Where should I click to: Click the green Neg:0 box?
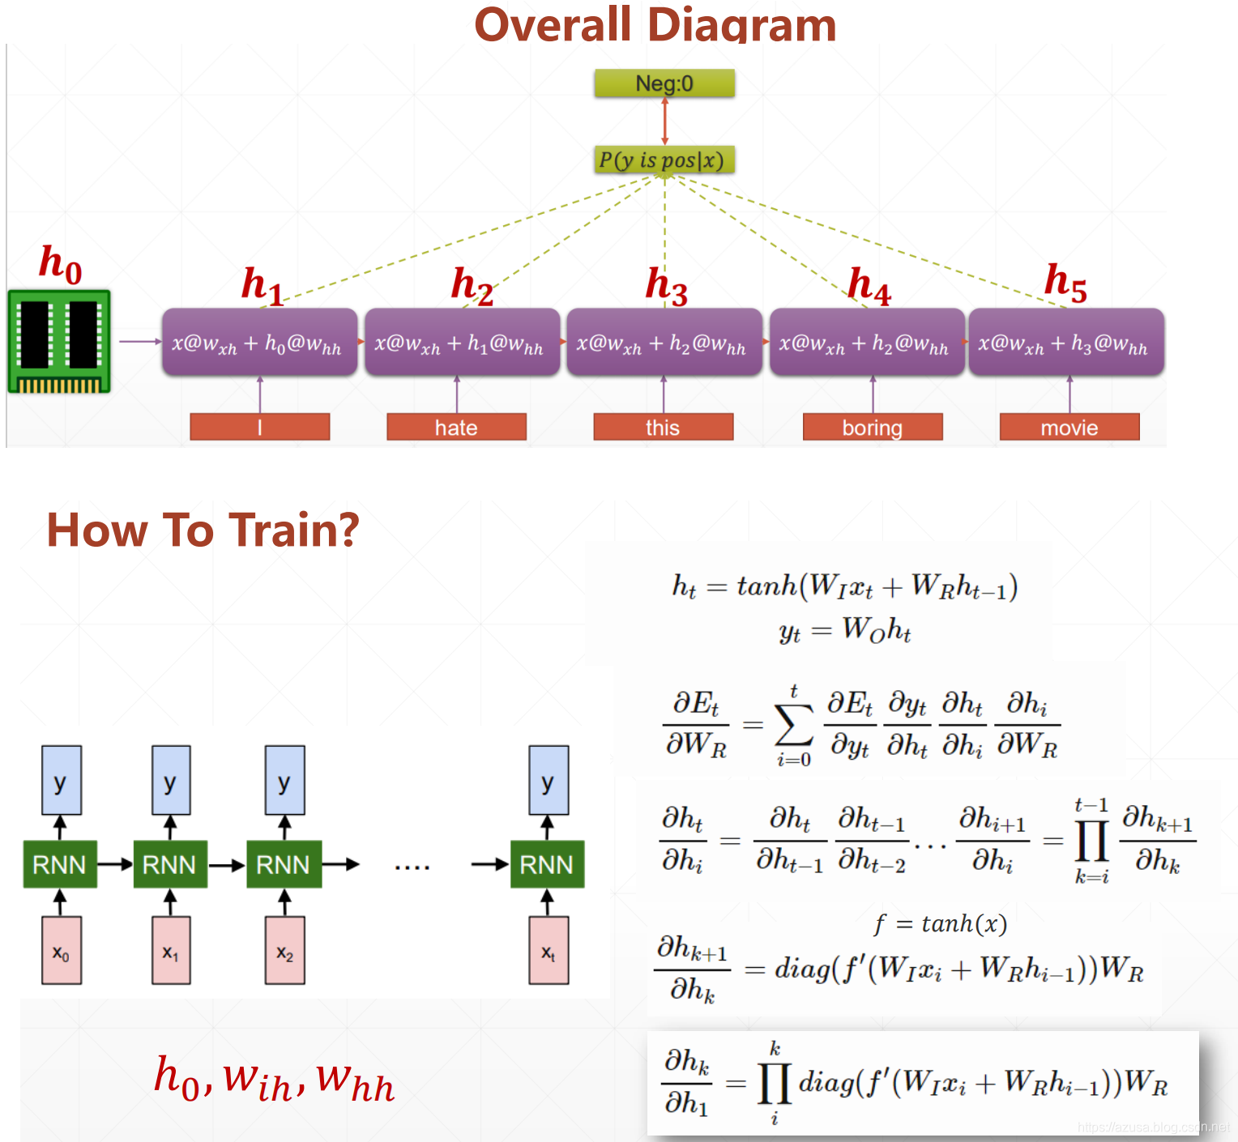(664, 83)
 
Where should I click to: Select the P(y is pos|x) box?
(664, 160)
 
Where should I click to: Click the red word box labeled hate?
(456, 427)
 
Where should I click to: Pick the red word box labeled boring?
(873, 427)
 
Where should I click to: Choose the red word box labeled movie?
(1069, 427)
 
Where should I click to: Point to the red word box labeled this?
(663, 427)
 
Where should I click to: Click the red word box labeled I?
(259, 427)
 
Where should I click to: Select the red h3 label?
(666, 286)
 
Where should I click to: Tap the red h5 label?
(1065, 282)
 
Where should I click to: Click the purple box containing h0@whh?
(259, 343)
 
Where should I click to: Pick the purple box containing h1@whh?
(462, 343)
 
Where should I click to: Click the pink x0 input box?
(62, 950)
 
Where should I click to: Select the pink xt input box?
(549, 950)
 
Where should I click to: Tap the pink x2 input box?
(284, 950)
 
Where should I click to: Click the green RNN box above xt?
(547, 864)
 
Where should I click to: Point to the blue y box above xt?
(549, 781)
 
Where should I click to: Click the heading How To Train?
(203, 530)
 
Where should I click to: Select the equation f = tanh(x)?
(940, 923)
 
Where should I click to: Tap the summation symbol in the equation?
(793, 725)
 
